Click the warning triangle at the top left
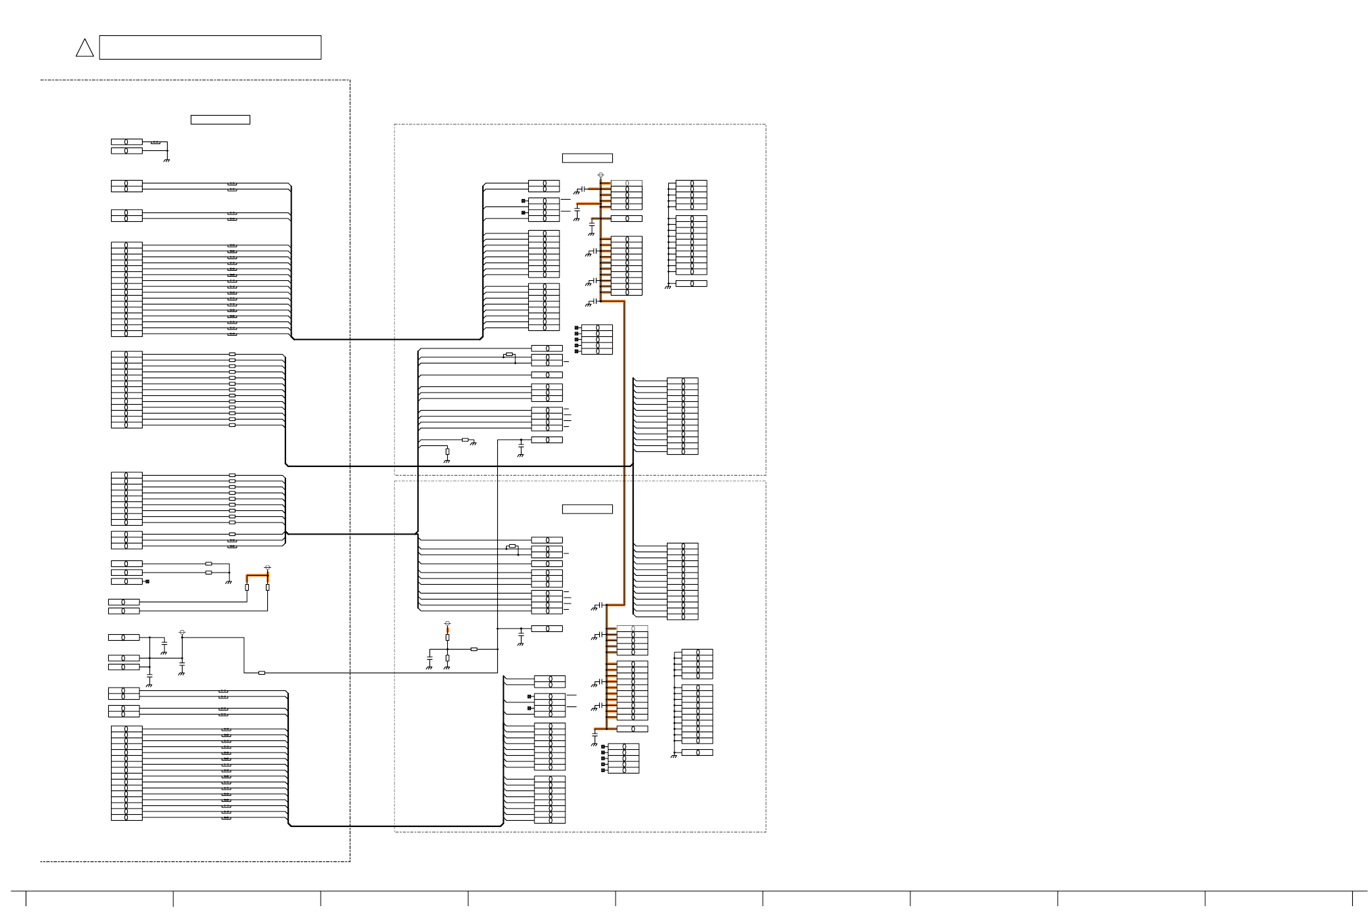(85, 48)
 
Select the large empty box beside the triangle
(210, 47)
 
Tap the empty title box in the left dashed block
(220, 120)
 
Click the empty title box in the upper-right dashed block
(587, 158)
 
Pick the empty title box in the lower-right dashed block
(587, 509)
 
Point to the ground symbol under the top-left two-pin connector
(166, 160)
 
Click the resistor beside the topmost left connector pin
(156, 143)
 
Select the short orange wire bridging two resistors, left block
(257, 575)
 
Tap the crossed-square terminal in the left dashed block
(147, 581)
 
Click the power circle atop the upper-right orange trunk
(601, 175)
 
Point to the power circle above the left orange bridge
(268, 567)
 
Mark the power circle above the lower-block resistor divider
(447, 623)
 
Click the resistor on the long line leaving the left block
(262, 673)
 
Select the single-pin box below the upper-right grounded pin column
(691, 284)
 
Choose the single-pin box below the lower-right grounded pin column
(697, 752)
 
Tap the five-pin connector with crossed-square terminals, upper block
(597, 340)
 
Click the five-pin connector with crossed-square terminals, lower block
(624, 759)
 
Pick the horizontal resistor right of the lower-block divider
(473, 649)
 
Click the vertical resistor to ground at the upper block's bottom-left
(447, 451)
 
